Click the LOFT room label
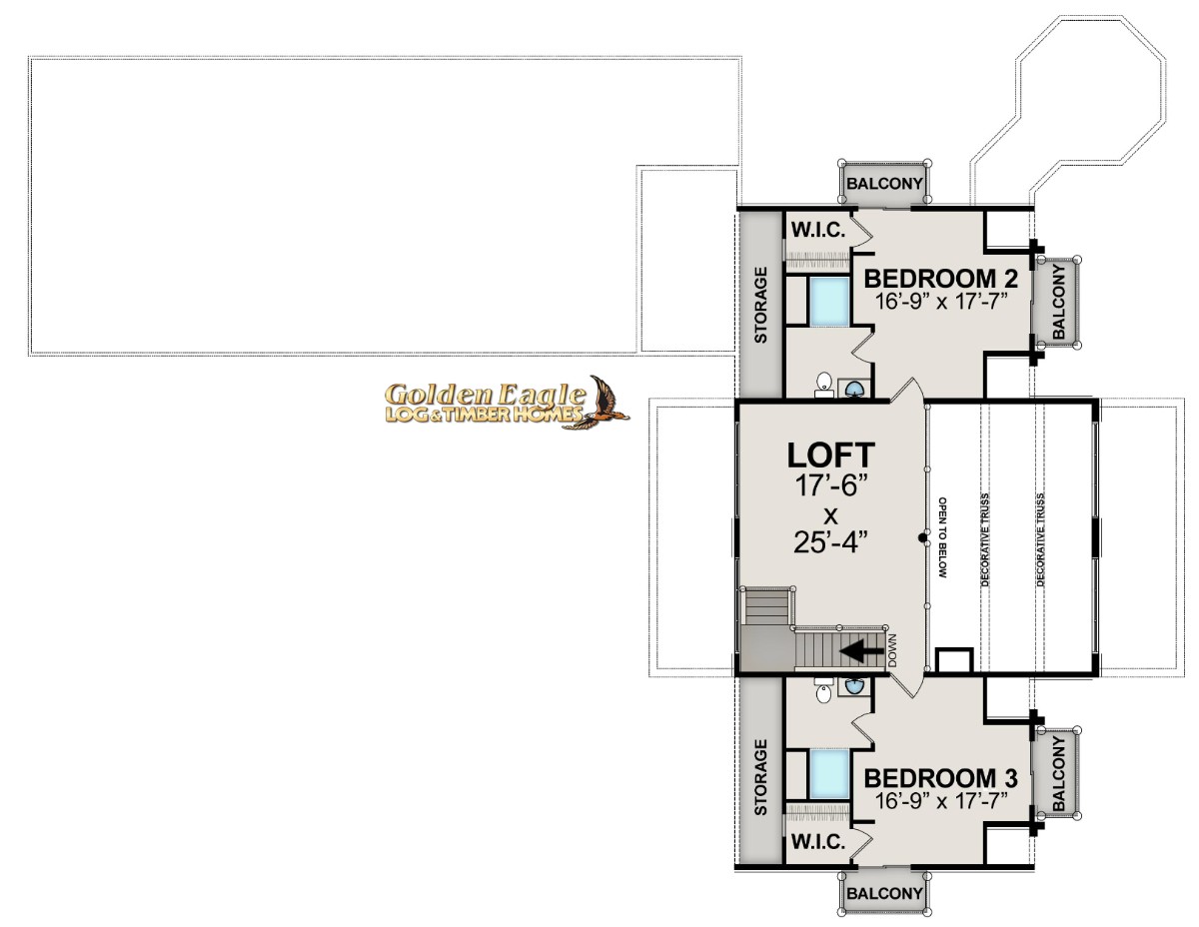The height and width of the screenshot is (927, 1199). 830,456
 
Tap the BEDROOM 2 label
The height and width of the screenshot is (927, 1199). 941,279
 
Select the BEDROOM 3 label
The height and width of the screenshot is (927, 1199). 941,778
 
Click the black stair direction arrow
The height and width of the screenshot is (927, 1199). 861,650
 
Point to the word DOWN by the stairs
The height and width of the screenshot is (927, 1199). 893,650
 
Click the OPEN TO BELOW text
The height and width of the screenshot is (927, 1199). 943,537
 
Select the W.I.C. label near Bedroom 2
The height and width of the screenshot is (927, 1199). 818,230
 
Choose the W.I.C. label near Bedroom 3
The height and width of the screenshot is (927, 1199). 818,842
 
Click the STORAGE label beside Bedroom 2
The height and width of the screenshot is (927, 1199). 760,305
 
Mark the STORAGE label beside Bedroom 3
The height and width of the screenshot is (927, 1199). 760,777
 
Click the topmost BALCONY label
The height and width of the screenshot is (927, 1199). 884,184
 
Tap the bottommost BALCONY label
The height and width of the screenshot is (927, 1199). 884,893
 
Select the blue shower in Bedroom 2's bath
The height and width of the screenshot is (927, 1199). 829,301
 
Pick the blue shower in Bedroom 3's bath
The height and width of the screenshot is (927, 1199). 829,773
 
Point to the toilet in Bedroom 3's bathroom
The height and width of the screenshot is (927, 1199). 823,690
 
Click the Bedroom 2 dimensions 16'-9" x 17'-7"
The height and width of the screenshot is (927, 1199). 941,302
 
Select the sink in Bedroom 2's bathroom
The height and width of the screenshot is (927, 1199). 854,389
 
